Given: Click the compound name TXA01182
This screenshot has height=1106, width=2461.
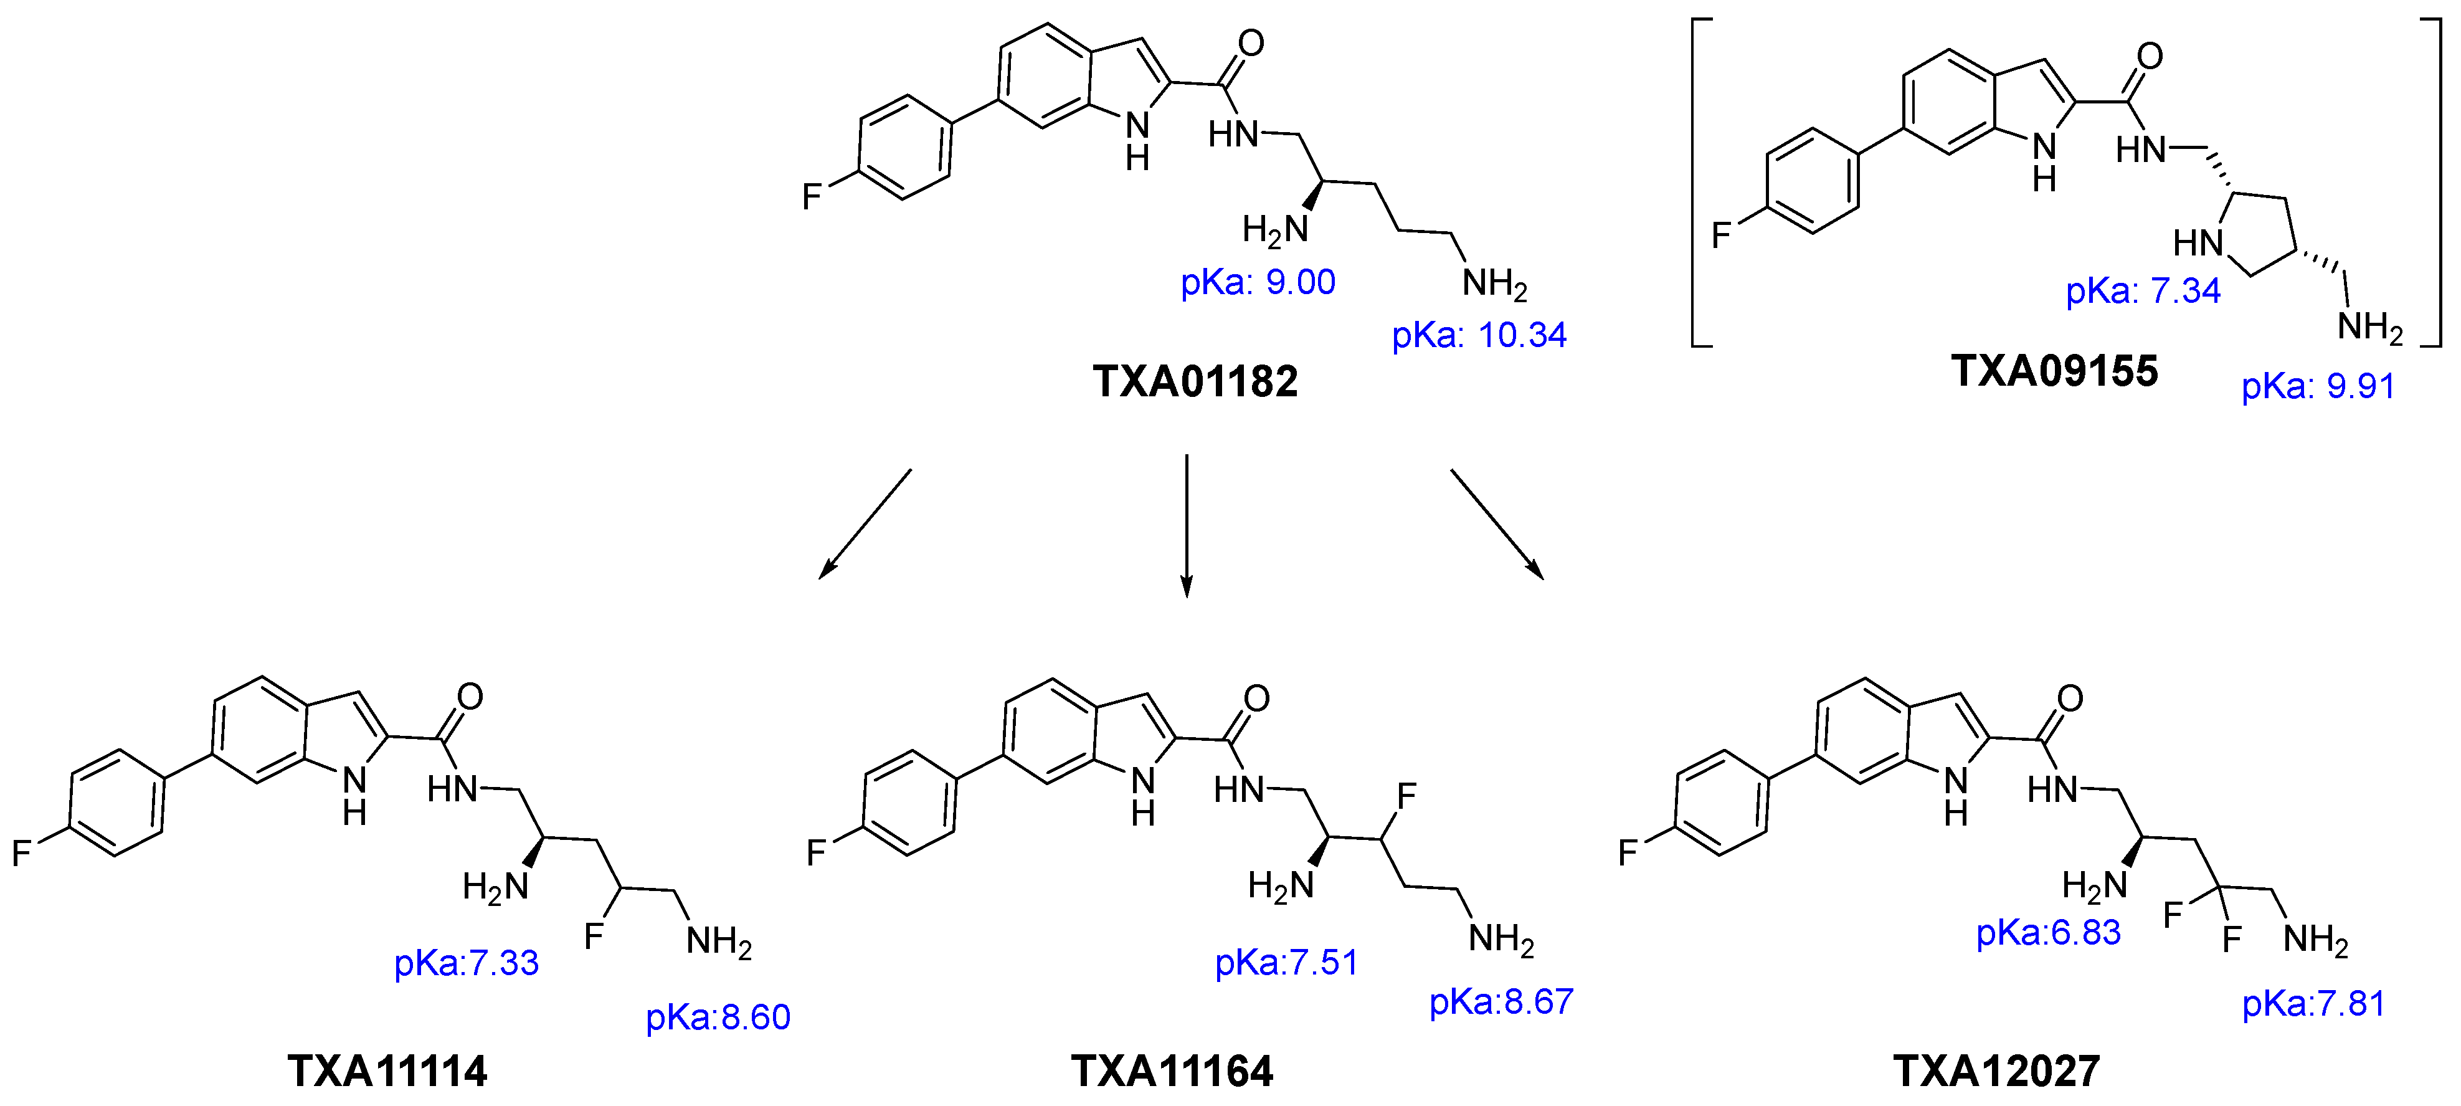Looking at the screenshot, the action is click(x=1195, y=381).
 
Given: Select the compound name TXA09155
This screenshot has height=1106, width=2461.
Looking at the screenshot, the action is click(x=2054, y=371).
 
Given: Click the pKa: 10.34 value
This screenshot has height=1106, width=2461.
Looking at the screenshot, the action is click(x=1479, y=335).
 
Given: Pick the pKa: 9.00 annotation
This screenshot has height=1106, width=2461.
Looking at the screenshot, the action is click(x=1258, y=283).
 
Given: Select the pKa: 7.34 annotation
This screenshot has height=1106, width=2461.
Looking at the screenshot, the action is click(x=2143, y=290).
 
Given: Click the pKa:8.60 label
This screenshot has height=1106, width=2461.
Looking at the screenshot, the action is click(x=718, y=1017).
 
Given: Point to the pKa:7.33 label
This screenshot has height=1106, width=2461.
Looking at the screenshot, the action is click(x=466, y=963).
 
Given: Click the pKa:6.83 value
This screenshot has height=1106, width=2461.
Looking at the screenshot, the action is click(x=2048, y=933).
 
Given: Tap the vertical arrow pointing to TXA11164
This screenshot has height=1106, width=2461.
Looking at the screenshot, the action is click(x=1187, y=526).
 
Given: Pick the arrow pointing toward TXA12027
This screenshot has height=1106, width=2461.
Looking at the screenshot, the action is click(x=1497, y=524).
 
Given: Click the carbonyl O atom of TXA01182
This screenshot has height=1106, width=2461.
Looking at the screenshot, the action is click(x=1251, y=43).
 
